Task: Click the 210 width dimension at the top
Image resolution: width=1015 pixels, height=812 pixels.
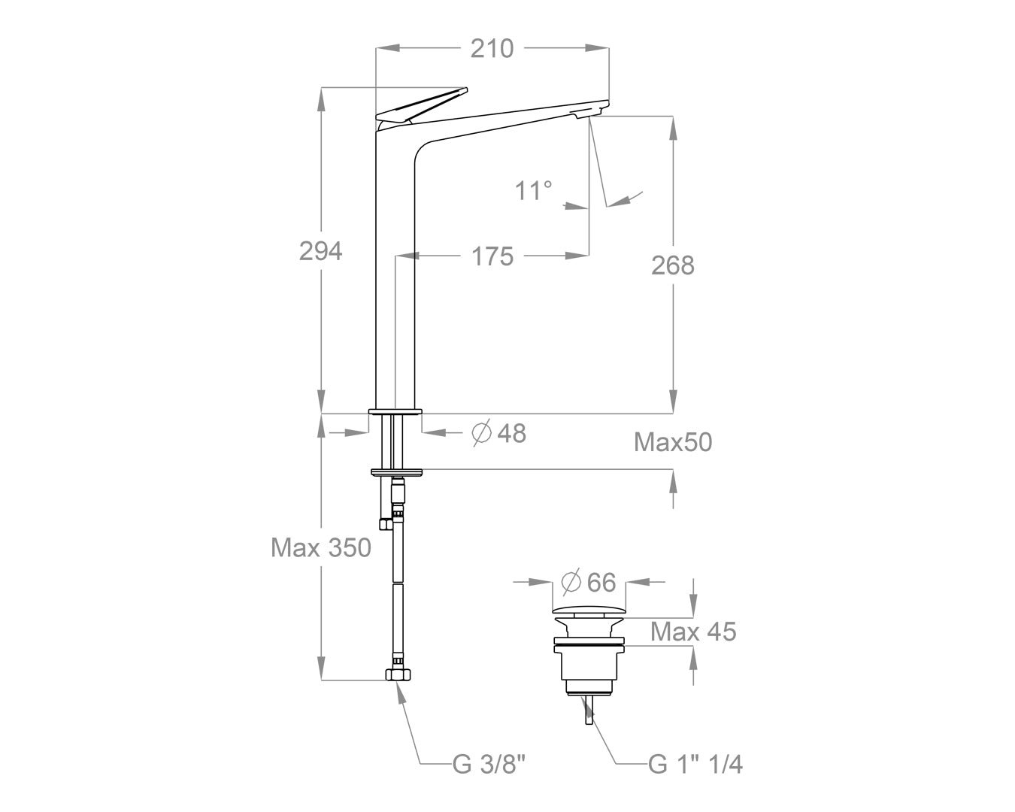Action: (492, 48)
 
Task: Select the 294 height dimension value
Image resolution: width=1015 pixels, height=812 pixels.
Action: (321, 251)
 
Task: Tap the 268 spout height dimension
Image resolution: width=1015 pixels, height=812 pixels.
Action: (673, 265)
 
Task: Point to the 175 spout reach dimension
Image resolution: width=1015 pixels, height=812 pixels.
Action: (492, 256)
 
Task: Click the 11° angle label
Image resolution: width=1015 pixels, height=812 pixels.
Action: (534, 191)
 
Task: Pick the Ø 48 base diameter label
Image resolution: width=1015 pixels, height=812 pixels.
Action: (498, 433)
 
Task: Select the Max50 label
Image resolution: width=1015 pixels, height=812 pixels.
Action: (673, 442)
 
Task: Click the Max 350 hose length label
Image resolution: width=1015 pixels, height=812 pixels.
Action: (321, 547)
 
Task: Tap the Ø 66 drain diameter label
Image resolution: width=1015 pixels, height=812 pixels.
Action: (589, 583)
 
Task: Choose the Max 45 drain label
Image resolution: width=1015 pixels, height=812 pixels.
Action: (693, 632)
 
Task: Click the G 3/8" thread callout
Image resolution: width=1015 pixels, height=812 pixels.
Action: (489, 765)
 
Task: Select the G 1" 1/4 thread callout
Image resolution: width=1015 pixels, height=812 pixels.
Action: (695, 765)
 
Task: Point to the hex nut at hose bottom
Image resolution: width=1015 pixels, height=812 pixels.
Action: (398, 674)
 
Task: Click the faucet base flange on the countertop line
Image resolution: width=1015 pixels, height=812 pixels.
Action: (395, 411)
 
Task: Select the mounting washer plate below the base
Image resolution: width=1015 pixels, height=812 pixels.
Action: (397, 472)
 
